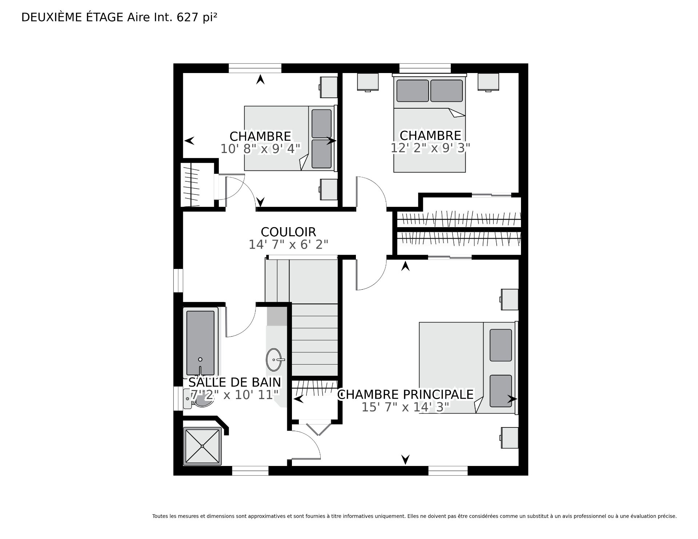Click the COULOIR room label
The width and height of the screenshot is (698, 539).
(288, 232)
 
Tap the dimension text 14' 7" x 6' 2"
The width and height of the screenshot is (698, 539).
(288, 245)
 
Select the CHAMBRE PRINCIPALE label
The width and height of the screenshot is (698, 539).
(405, 394)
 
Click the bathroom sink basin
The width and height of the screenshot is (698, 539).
(274, 359)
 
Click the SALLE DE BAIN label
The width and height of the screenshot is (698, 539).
(234, 382)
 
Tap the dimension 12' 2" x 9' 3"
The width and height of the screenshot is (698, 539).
(430, 148)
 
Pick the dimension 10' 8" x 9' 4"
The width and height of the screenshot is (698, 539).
(260, 149)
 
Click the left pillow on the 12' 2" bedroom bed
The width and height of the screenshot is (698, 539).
(412, 91)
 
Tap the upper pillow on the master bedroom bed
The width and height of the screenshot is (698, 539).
(501, 345)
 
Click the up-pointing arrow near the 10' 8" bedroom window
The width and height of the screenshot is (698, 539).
(260, 80)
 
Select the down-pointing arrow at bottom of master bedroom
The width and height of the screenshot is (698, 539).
(405, 459)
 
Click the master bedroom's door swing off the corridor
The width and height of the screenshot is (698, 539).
(371, 275)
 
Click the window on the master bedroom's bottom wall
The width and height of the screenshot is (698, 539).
(448, 471)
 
